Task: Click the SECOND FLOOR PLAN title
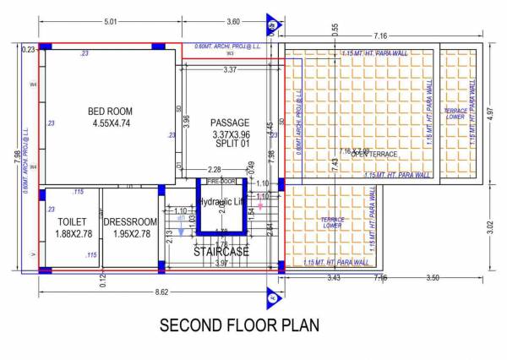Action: (239, 325)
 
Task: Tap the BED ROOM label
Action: (110, 112)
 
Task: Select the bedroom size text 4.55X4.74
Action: (110, 124)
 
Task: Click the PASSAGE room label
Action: (231, 123)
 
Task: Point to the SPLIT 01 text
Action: (231, 145)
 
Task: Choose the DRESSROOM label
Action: (131, 221)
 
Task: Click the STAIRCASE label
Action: (222, 252)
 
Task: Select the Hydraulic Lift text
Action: (224, 202)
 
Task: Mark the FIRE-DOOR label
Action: (221, 181)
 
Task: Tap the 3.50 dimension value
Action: (433, 278)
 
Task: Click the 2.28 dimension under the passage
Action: (215, 171)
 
